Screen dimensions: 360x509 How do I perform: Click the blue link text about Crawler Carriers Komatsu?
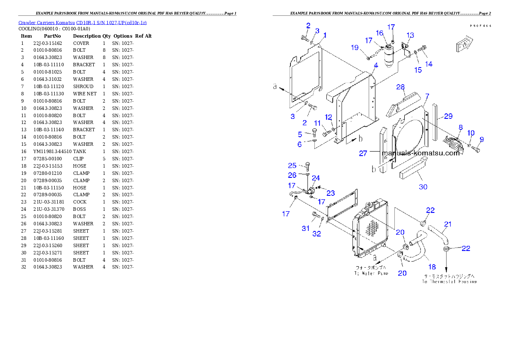[82, 23]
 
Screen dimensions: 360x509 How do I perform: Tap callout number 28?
[400, 87]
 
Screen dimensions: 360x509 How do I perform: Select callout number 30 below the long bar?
[423, 186]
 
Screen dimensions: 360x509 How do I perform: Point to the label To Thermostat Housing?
[449, 282]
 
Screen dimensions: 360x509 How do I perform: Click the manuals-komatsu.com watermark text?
[420, 153]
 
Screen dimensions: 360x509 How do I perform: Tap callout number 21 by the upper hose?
[448, 224]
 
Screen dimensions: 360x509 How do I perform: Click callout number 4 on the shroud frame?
[376, 65]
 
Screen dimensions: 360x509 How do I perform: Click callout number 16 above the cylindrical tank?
[380, 33]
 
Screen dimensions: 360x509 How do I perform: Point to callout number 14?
[429, 64]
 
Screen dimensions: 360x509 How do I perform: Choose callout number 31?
[305, 228]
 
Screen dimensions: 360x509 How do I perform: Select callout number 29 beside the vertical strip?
[448, 116]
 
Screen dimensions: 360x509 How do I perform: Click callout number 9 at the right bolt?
[482, 139]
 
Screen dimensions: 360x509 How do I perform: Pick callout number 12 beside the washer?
[328, 117]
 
